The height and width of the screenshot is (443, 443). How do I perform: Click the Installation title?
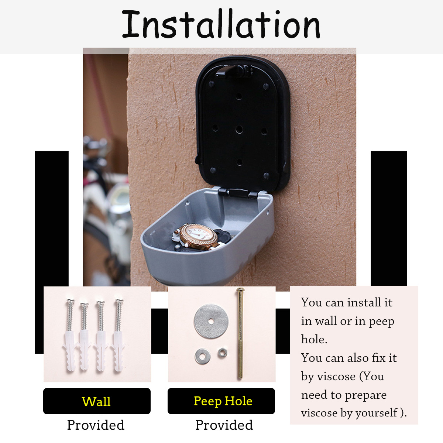[221, 24]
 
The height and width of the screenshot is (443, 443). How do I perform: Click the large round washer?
[211, 321]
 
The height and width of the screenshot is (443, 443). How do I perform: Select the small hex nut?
[222, 353]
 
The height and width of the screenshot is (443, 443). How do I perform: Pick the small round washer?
[202, 356]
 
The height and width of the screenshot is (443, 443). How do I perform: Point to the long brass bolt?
[240, 334]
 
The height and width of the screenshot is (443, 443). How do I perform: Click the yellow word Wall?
[96, 401]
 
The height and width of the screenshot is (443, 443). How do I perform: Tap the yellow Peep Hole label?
[223, 401]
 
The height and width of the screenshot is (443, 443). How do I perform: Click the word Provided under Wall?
[96, 425]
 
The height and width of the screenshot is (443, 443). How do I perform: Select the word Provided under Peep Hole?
[224, 425]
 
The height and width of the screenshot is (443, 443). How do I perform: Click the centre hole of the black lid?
[239, 129]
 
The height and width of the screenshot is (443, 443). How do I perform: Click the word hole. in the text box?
[314, 339]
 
